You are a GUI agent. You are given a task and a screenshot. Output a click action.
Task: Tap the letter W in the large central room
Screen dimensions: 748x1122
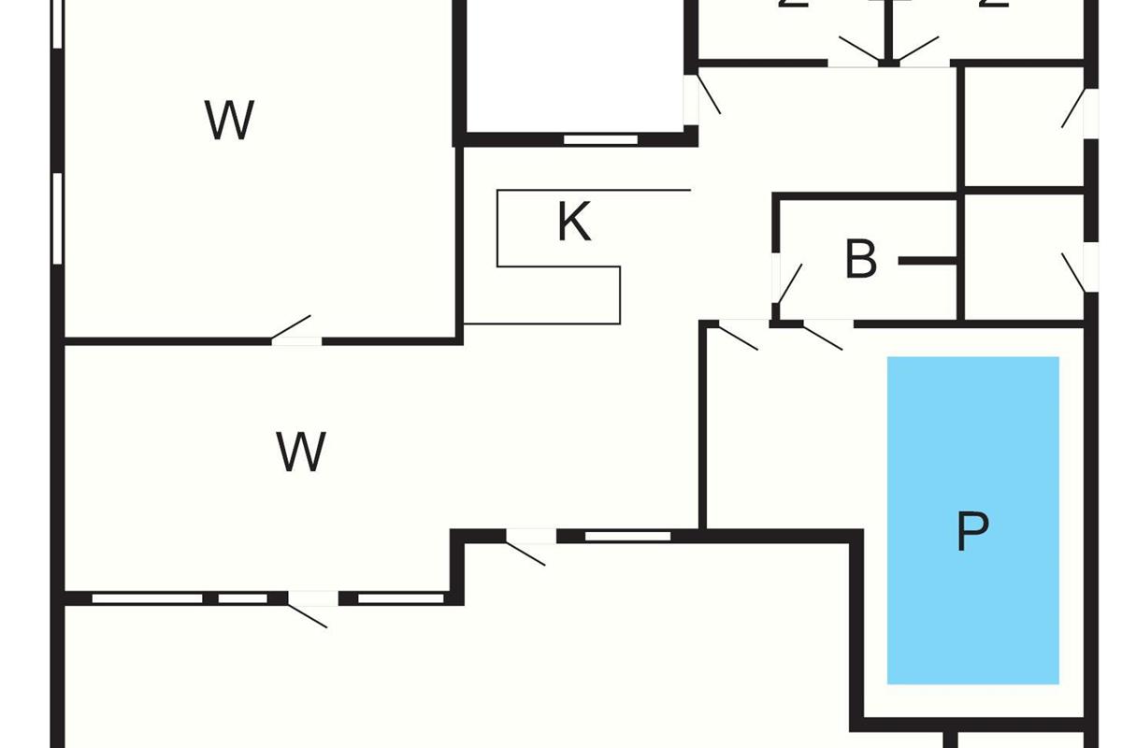[301, 453]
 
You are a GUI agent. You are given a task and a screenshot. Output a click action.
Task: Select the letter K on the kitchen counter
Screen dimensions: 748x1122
[573, 223]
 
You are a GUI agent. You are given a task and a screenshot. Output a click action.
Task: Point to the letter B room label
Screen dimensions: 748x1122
[861, 260]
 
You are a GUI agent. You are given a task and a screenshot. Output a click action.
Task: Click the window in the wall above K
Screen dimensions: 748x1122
[600, 139]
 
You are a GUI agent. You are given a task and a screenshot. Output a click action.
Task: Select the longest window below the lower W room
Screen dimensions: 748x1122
[147, 598]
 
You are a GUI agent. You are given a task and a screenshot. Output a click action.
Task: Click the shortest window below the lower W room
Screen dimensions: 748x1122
[242, 598]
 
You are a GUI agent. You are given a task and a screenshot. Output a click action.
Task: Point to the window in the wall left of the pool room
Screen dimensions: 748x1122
[627, 536]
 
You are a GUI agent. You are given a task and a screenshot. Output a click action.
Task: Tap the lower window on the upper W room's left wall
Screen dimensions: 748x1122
[57, 218]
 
